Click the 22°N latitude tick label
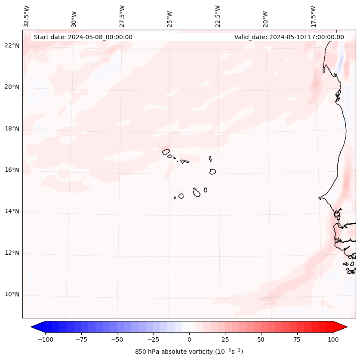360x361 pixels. [x=12, y=46]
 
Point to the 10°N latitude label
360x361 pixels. [x=12, y=295]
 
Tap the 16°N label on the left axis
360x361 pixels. [x=12, y=170]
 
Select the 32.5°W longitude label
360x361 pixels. [x=27, y=16]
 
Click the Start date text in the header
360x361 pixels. [x=83, y=37]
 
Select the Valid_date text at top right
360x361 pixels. [x=289, y=37]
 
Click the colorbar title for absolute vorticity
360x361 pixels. [x=189, y=352]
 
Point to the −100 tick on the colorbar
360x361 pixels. [x=45, y=340]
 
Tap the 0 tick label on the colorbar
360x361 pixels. [x=189, y=340]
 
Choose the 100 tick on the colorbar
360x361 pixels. [x=332, y=340]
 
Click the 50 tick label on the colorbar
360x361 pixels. [x=261, y=340]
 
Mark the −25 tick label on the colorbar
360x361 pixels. [x=153, y=340]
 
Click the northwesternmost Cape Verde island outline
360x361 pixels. [x=166, y=151]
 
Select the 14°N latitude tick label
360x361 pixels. [x=12, y=212]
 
